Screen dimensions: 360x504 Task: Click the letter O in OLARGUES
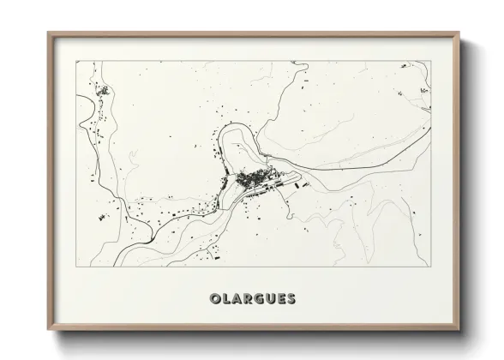coord(214,298)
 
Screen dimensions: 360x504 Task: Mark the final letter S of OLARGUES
coord(291,298)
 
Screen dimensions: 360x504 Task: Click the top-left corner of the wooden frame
coord(48,33)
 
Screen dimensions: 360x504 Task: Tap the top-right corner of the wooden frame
coord(459,33)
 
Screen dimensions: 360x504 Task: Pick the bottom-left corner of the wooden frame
coord(48,330)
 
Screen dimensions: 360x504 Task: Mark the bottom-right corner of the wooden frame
coord(459,330)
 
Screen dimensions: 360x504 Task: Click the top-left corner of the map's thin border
coord(76,61)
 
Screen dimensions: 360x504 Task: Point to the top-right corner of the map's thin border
coord(429,61)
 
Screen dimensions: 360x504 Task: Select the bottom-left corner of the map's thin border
coord(76,267)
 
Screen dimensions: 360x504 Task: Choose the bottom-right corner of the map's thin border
coord(429,267)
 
